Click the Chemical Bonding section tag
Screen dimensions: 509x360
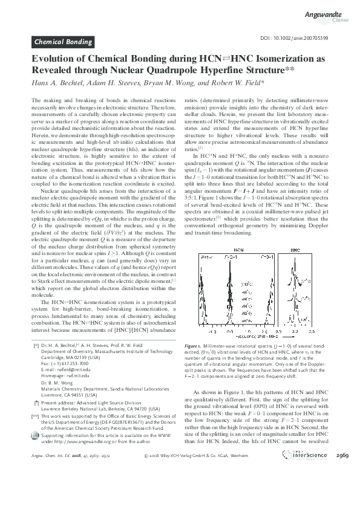(62, 42)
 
